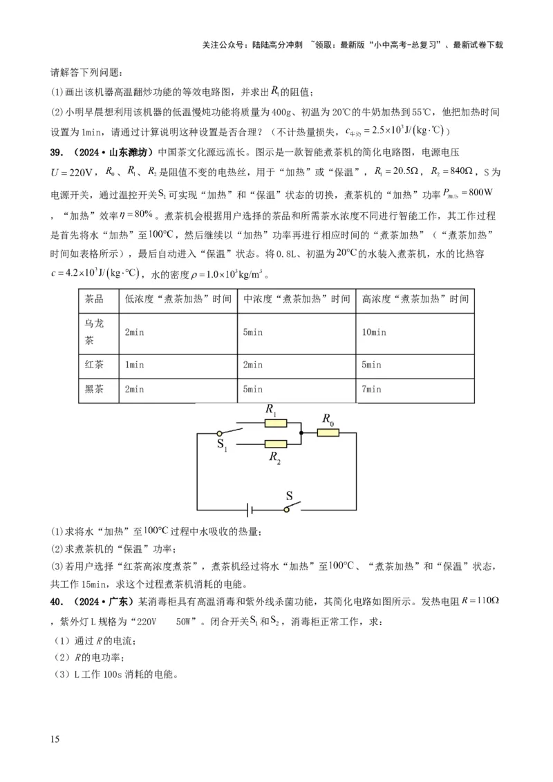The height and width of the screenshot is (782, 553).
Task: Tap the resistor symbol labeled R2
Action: [x=276, y=444]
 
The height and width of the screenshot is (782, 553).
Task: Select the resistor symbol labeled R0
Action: [x=328, y=432]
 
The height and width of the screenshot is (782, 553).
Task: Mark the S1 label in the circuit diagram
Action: [x=221, y=444]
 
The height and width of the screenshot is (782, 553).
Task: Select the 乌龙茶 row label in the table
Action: [x=94, y=332]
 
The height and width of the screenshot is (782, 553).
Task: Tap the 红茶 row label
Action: [x=94, y=364]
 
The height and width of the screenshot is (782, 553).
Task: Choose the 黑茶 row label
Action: [x=94, y=389]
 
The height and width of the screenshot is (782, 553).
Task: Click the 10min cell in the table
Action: [x=374, y=332]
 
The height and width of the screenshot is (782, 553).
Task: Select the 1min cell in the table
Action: [x=135, y=364]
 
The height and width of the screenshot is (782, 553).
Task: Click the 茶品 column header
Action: [x=94, y=299]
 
